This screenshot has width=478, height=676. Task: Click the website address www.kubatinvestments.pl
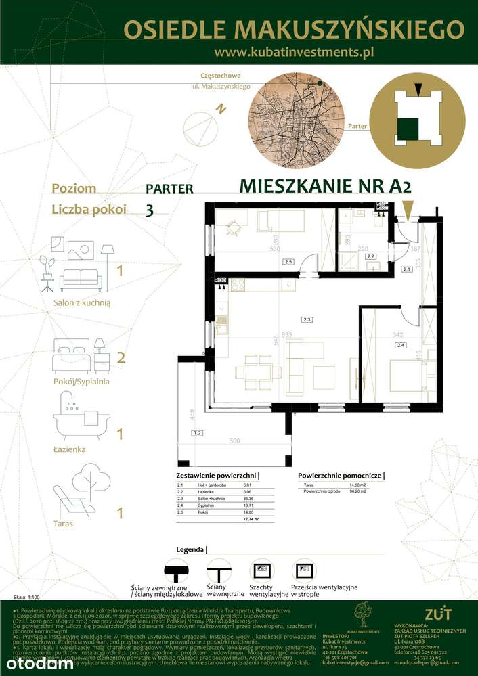coord(294,51)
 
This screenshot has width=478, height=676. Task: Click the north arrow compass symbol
coord(202,125)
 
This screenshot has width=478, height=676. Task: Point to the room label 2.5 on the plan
coord(288,261)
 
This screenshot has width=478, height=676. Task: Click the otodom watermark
coord(37,663)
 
